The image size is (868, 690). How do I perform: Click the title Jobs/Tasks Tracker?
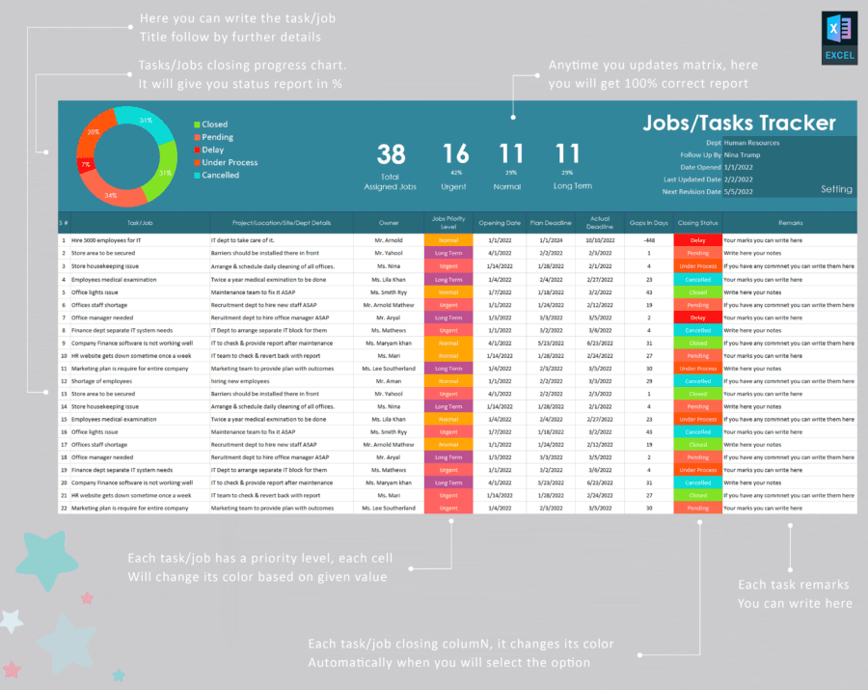point(739,124)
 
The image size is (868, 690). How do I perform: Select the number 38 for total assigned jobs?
point(391,154)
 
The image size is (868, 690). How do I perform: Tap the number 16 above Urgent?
point(455,154)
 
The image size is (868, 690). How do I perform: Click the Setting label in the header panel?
point(836,189)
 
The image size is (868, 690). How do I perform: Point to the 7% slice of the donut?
point(87,164)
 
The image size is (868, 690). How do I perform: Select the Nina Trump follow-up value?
point(744,154)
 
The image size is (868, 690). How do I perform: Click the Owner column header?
point(388,222)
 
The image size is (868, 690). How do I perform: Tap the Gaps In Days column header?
point(648,222)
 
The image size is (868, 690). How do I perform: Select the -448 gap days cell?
point(648,240)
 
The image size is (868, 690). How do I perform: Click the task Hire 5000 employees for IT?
point(106,240)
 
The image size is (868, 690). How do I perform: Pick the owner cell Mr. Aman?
point(388,381)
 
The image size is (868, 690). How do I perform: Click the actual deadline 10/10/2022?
point(600,240)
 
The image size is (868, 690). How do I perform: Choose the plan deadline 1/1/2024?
point(551,240)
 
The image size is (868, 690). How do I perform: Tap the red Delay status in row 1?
point(697,240)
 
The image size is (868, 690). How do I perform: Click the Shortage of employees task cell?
point(102,381)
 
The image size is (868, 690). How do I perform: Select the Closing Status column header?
point(697,222)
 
